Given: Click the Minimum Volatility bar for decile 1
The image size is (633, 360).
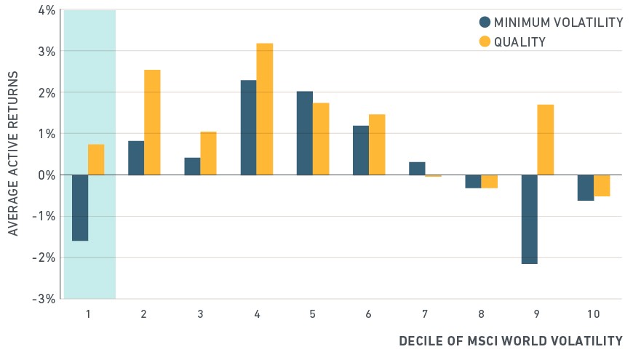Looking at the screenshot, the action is pyautogui.click(x=80, y=208).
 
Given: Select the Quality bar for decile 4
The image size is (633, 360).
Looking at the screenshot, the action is pyautogui.click(x=265, y=109).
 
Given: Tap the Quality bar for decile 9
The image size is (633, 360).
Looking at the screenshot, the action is pyautogui.click(x=546, y=140).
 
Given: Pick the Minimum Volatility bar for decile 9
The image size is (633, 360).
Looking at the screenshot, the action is pyautogui.click(x=529, y=219).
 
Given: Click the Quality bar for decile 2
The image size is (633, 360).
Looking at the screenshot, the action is pyautogui.click(x=152, y=122).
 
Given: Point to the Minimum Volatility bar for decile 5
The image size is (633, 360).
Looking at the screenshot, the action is pyautogui.click(x=305, y=133).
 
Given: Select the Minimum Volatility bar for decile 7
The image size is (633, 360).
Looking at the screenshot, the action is pyautogui.click(x=417, y=168).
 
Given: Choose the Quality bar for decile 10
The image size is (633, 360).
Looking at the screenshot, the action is pyautogui.click(x=602, y=185).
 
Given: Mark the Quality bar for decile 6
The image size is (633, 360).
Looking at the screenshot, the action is pyautogui.click(x=377, y=145).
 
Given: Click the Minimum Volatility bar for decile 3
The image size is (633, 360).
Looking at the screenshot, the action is pyautogui.click(x=192, y=167).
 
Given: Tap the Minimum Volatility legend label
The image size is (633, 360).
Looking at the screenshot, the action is pyautogui.click(x=558, y=23).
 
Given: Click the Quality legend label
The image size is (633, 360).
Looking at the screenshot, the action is pyautogui.click(x=519, y=42).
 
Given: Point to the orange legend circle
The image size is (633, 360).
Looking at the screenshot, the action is pyautogui.click(x=485, y=41).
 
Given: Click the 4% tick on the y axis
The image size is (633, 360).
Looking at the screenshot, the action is pyautogui.click(x=47, y=10).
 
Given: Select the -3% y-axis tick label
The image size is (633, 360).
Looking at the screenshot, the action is pyautogui.click(x=44, y=299).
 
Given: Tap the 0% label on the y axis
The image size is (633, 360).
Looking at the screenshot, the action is pyautogui.click(x=47, y=175).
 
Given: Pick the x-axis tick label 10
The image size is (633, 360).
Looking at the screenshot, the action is pyautogui.click(x=594, y=314).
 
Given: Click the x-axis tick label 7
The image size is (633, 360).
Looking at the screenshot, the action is pyautogui.click(x=425, y=314).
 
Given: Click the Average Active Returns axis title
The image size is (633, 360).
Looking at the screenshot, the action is pyautogui.click(x=13, y=153).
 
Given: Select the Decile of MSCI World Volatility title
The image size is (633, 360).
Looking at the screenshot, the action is pyautogui.click(x=511, y=341).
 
